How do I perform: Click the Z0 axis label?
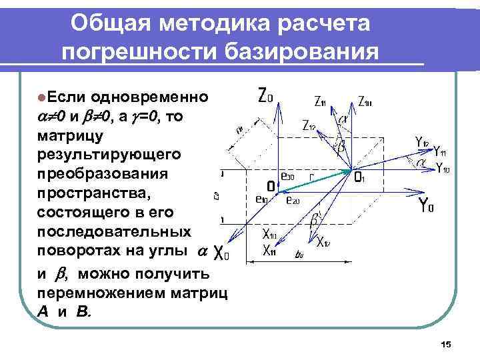[x=265, y=96]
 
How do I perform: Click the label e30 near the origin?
[x=287, y=176]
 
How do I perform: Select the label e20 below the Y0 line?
[x=292, y=200]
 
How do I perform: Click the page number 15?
[x=446, y=344]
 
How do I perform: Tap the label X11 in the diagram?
[x=269, y=251]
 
